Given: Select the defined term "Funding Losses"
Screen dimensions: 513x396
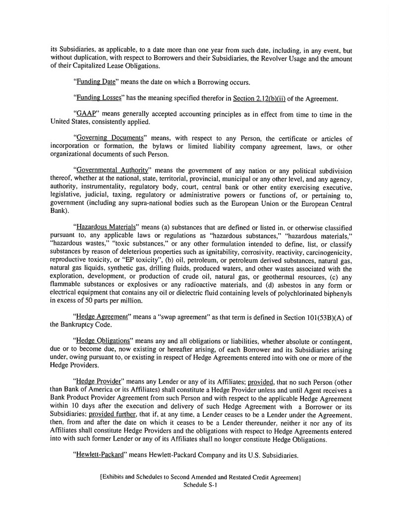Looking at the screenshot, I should (98, 98).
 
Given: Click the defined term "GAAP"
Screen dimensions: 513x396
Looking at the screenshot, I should (84, 114).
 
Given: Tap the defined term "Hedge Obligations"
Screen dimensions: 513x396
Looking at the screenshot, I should (103, 341).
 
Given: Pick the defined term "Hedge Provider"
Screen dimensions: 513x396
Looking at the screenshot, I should (98, 381).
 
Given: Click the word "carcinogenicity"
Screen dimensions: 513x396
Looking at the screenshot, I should (327, 249).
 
